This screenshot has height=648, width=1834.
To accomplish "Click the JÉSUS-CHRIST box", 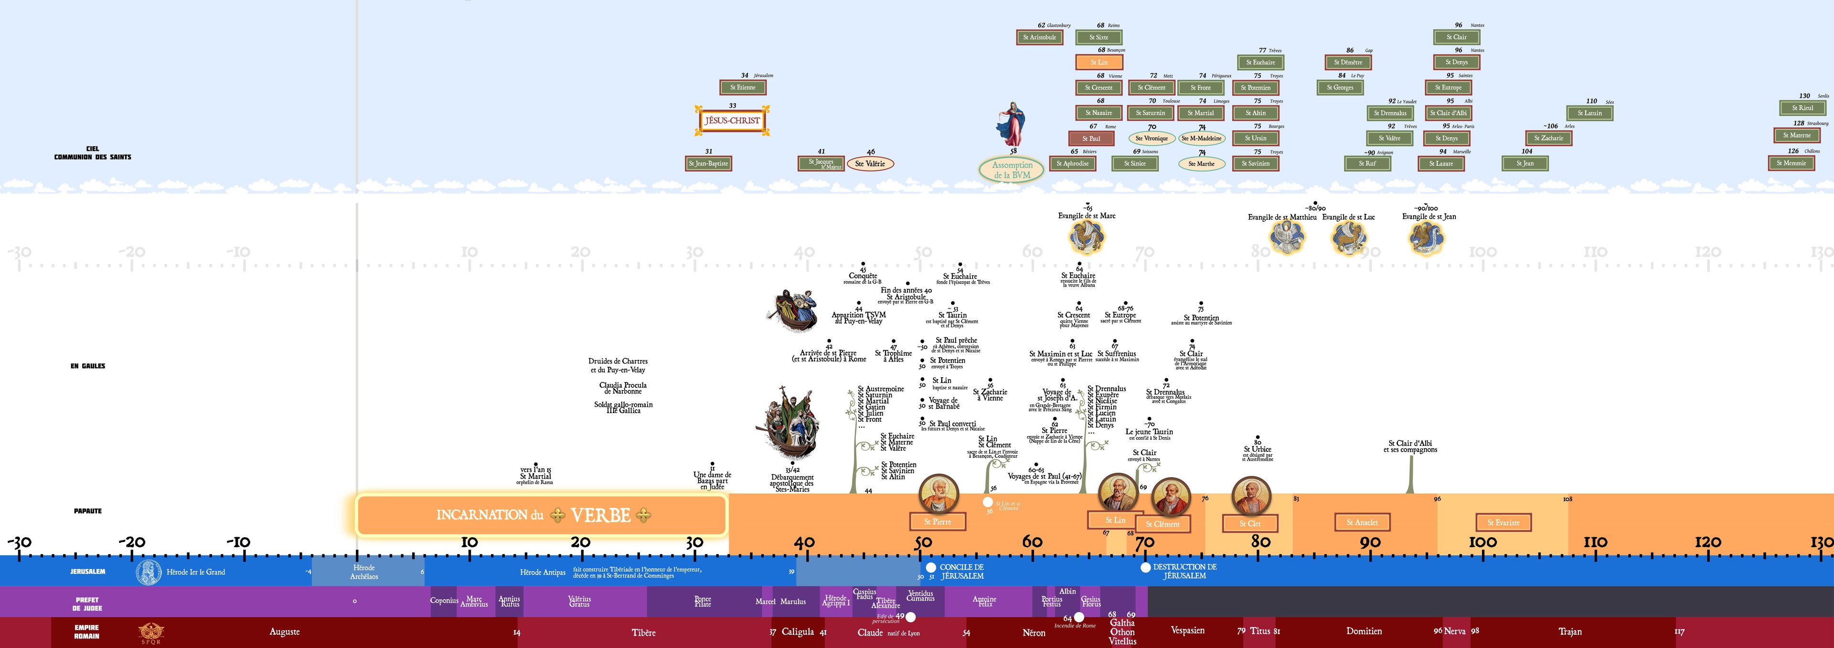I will point(732,120).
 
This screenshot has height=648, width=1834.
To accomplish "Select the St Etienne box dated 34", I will point(743,87).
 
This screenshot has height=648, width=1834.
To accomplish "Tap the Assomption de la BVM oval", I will point(1012,170).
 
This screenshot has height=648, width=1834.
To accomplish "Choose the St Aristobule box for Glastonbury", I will point(1039,37).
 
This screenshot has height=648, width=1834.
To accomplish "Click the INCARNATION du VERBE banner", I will point(541,515).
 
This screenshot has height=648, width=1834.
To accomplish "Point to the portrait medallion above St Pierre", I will point(938,493).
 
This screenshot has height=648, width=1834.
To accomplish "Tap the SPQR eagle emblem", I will point(151,632).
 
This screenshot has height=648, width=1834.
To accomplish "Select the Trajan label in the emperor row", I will point(1570,632).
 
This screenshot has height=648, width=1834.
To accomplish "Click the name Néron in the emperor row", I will point(1034,632).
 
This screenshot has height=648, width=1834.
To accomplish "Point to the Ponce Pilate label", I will point(703,601).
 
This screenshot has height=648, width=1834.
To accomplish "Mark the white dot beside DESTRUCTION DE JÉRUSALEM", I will point(1145,567).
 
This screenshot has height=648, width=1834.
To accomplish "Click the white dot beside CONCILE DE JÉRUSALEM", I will point(930,567).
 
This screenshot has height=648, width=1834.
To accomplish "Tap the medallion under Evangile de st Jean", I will point(1426,238).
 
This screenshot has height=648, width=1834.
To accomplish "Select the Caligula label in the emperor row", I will point(798,632).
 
